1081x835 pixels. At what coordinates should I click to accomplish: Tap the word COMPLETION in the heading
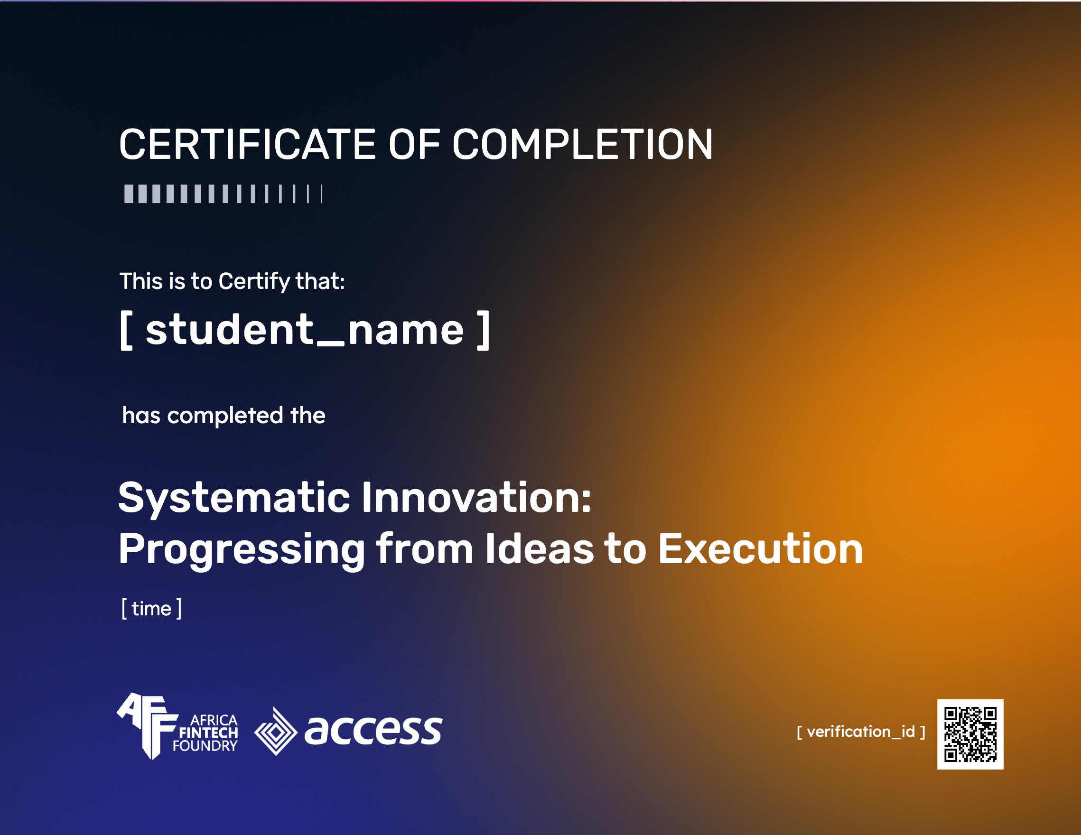click(x=583, y=144)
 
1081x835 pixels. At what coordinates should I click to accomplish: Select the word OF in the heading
click(x=414, y=144)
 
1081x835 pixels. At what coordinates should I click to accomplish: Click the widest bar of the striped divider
click(x=129, y=194)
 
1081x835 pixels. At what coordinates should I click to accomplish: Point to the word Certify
click(x=254, y=282)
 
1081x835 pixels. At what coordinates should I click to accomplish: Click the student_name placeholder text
click(x=305, y=330)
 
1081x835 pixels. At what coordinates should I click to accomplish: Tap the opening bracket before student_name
click(x=126, y=331)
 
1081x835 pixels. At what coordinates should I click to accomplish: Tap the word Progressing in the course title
click(x=242, y=550)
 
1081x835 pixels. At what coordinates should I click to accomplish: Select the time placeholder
click(x=151, y=608)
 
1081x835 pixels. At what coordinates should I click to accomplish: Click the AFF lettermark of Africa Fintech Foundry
click(x=148, y=725)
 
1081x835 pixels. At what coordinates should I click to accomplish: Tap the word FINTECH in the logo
click(x=208, y=733)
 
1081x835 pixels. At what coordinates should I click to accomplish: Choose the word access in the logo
click(x=373, y=730)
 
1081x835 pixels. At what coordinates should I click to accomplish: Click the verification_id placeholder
click(x=861, y=732)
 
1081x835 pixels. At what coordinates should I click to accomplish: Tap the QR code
click(x=970, y=734)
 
